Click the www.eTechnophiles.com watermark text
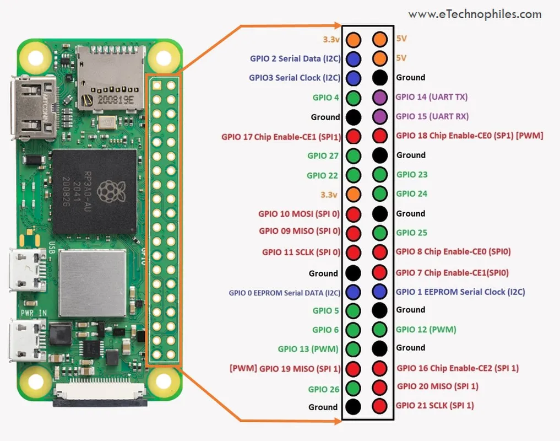(x=475, y=14)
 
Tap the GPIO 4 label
(x=326, y=98)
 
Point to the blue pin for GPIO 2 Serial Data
(x=354, y=58)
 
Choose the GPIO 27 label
(x=326, y=155)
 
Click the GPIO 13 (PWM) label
(x=308, y=348)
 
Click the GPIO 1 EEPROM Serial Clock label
(x=460, y=292)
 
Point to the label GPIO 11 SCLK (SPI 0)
(x=301, y=252)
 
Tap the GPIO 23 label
(x=411, y=175)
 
